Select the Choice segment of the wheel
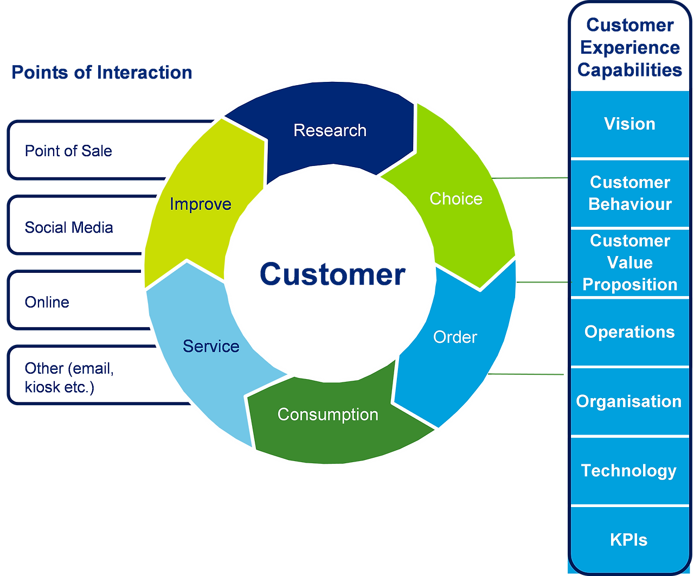(455, 199)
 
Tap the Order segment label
(455, 337)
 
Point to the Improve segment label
(201, 204)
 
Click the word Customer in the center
(332, 274)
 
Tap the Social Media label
(69, 227)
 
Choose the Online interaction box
(78, 300)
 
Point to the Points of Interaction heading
(102, 72)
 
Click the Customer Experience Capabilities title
(630, 48)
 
